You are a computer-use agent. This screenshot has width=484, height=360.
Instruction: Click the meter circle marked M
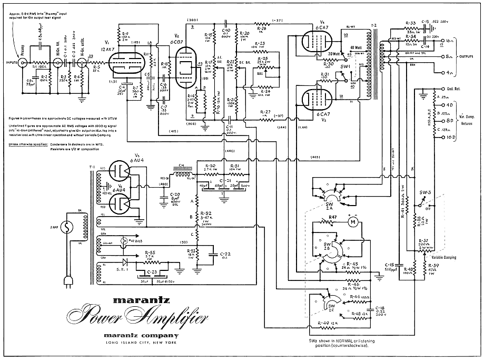(354, 223)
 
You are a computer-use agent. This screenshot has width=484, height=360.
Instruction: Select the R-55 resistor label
(150, 252)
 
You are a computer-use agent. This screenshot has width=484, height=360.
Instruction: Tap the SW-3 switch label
(425, 193)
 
